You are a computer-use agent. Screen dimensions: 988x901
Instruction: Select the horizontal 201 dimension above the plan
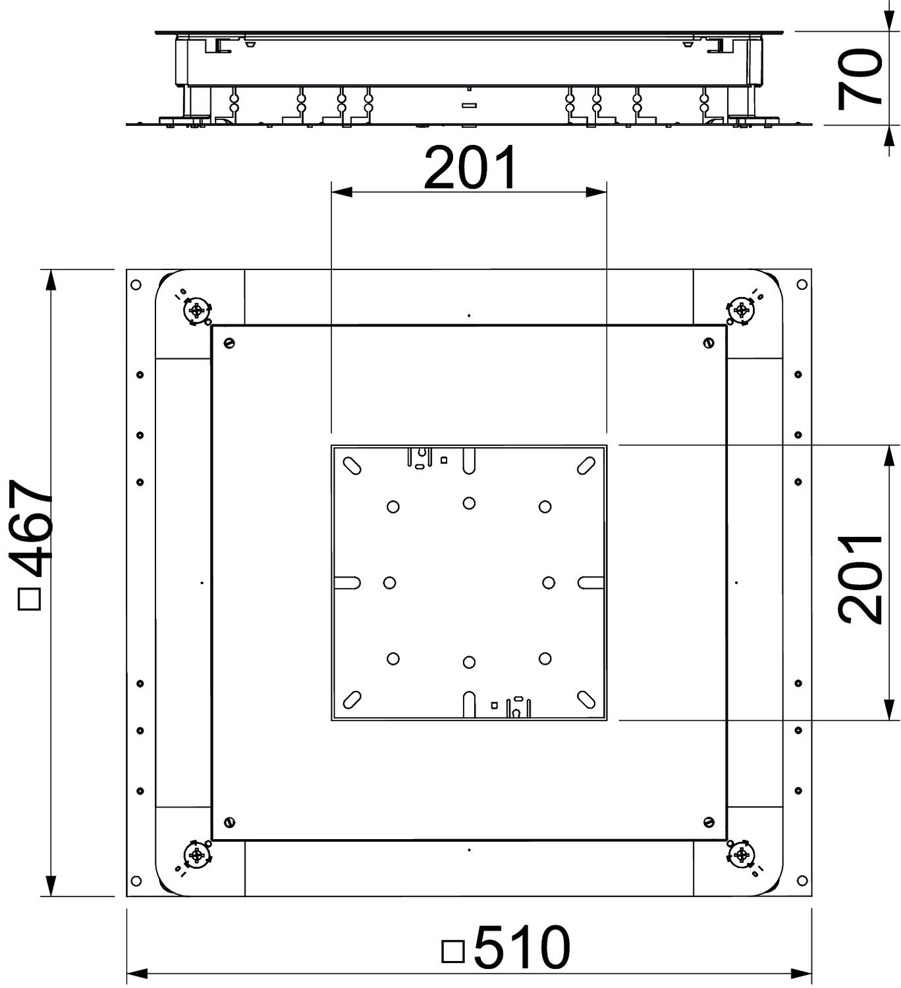click(x=470, y=169)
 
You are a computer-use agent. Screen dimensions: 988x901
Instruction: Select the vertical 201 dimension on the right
click(x=860, y=580)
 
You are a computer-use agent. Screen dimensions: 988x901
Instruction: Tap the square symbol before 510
click(x=453, y=951)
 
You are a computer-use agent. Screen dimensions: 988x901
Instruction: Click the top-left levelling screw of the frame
click(x=197, y=310)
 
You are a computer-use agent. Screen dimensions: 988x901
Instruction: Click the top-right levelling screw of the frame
click(x=742, y=310)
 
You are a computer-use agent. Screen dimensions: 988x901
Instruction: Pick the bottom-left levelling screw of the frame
click(x=197, y=855)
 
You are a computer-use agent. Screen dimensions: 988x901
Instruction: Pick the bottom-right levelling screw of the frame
click(x=742, y=855)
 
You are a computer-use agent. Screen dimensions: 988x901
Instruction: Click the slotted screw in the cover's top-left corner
click(x=229, y=343)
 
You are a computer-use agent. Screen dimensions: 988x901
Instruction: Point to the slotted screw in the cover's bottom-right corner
click(x=709, y=821)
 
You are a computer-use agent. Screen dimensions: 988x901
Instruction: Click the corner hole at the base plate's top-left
click(x=136, y=285)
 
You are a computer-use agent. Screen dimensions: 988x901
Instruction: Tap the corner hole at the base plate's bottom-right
click(x=802, y=881)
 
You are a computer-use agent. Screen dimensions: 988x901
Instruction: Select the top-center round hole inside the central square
click(x=469, y=503)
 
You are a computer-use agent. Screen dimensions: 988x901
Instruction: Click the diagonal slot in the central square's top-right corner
click(x=586, y=466)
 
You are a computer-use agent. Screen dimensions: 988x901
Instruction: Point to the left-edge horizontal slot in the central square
click(x=347, y=582)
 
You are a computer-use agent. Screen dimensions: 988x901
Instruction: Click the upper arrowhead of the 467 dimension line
click(x=50, y=281)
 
